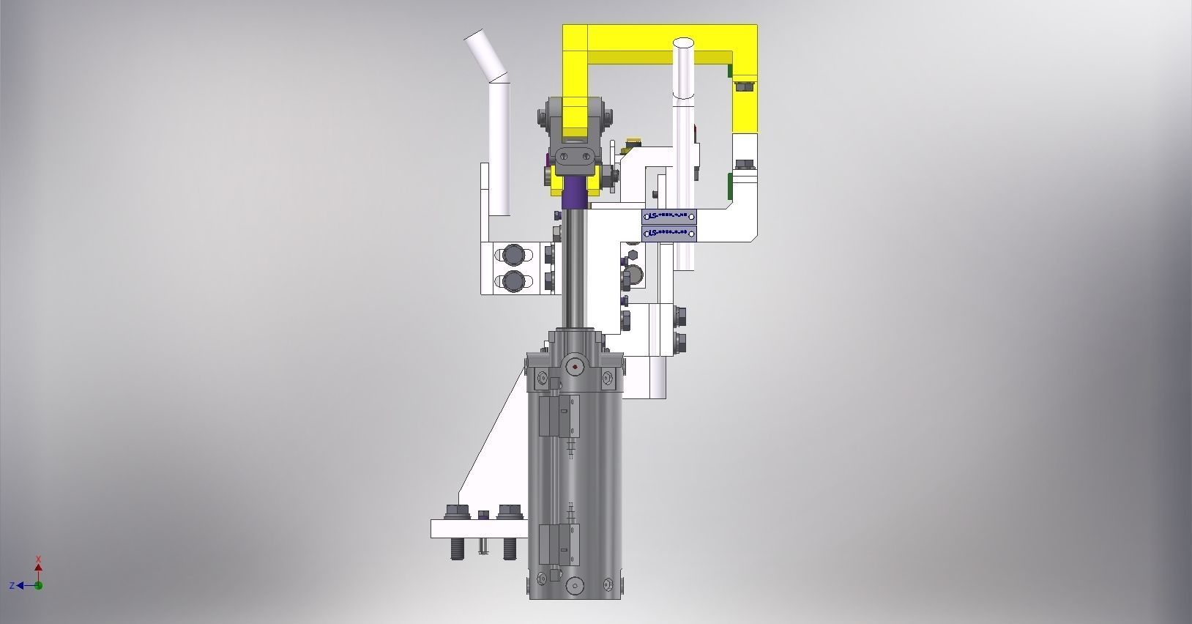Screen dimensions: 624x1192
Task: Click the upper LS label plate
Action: [668, 216]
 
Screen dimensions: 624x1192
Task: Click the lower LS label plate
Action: [668, 233]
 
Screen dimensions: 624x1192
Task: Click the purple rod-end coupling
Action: [575, 192]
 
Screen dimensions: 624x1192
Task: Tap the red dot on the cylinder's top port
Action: [575, 367]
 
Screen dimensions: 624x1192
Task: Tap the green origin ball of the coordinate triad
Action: [39, 585]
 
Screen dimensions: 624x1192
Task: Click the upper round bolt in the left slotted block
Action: [514, 255]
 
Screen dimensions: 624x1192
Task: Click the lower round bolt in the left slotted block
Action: [514, 281]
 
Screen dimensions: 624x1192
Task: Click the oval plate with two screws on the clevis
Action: [575, 156]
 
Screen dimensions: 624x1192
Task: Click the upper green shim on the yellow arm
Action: [729, 70]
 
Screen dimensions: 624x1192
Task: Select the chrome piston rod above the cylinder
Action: [575, 271]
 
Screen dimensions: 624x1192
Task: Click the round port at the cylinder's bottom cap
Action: [575, 586]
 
